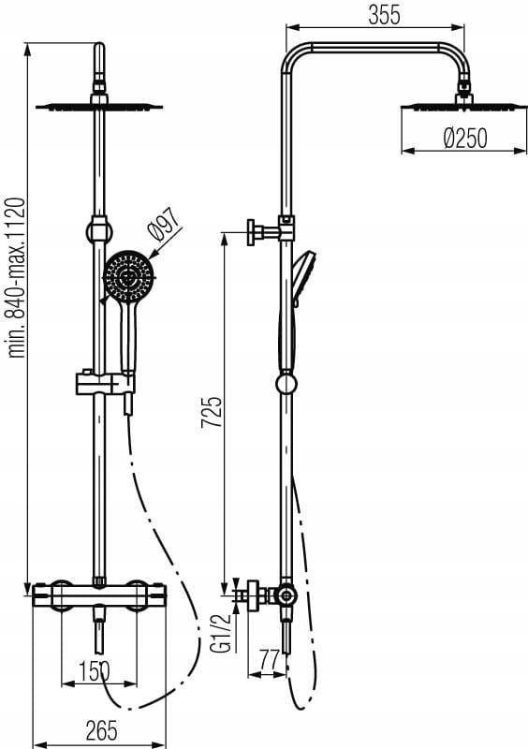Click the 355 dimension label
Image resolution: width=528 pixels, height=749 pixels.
coord(384,15)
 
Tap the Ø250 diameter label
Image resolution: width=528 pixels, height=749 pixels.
coord(465,138)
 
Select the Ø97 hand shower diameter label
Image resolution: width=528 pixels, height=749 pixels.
coord(164,224)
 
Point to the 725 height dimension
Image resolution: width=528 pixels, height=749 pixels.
coord(212,412)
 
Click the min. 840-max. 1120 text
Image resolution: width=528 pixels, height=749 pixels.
coord(16,277)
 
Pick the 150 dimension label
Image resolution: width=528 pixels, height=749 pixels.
coord(95,671)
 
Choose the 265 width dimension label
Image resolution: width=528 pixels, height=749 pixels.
coord(101,730)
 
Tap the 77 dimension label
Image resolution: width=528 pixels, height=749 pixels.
coord(269,661)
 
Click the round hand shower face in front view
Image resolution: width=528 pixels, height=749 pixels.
coord(129,276)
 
